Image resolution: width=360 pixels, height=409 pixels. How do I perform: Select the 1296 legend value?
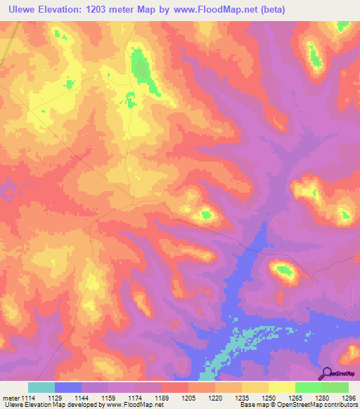347,398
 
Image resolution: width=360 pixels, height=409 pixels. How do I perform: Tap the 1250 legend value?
268,398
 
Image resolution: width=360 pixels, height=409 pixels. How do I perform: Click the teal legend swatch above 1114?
41,387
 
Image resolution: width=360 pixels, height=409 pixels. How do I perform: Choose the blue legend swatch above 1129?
68,387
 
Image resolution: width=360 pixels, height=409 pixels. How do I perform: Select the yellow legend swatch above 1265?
281,387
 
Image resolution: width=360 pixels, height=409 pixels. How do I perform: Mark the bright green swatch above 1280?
308,387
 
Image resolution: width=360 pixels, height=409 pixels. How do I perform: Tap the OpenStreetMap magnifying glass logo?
326,373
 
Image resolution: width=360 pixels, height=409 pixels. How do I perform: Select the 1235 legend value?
241,398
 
